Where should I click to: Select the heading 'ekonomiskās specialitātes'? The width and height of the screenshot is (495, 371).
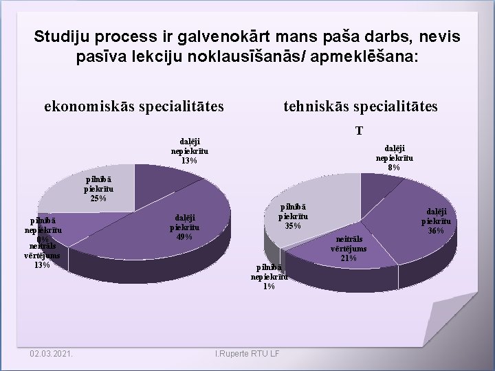[x=134, y=106]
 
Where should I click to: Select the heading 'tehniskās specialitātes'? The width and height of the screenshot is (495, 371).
[x=360, y=106]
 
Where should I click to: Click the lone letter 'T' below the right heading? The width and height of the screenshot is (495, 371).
[x=360, y=131]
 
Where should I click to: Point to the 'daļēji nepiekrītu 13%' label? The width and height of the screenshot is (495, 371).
[x=190, y=151]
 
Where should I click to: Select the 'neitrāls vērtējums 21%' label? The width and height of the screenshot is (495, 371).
[x=349, y=248]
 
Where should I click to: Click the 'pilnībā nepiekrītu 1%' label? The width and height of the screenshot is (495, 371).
[x=269, y=277]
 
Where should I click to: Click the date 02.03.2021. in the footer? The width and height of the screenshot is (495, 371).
[x=53, y=354]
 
